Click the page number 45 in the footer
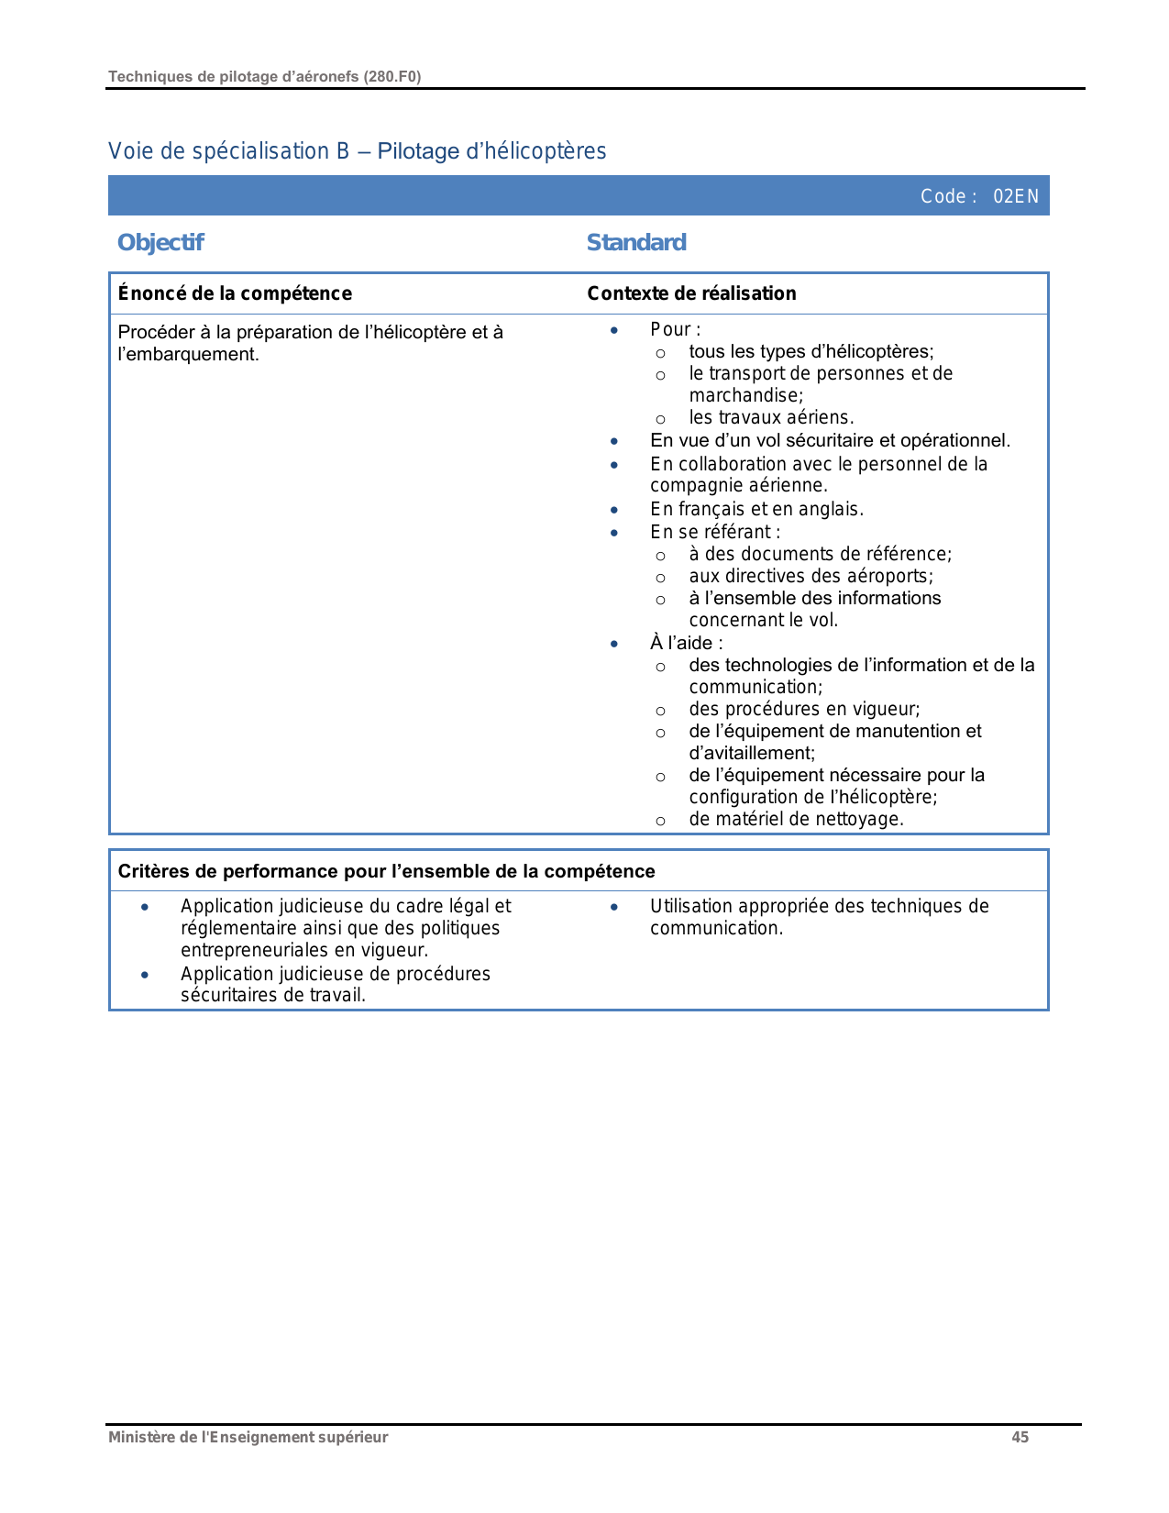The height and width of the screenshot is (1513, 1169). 1020,1437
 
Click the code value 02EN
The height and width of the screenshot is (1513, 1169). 1016,196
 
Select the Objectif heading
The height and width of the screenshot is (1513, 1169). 160,242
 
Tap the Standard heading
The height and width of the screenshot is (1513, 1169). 636,242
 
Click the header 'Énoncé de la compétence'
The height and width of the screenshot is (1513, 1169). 235,293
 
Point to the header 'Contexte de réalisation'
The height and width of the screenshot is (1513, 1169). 691,293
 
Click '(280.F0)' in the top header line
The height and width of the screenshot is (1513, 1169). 392,76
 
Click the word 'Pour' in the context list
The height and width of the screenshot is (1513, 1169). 671,329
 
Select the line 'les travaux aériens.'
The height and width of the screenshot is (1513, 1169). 771,417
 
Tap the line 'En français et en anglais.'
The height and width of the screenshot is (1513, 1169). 756,509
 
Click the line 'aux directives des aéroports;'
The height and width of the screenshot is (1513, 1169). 811,576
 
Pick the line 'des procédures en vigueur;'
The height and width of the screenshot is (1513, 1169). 804,709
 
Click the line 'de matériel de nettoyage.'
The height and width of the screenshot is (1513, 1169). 796,819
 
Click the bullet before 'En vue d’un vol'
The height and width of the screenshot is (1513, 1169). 614,441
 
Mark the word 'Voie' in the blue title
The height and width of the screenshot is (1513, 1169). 130,151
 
